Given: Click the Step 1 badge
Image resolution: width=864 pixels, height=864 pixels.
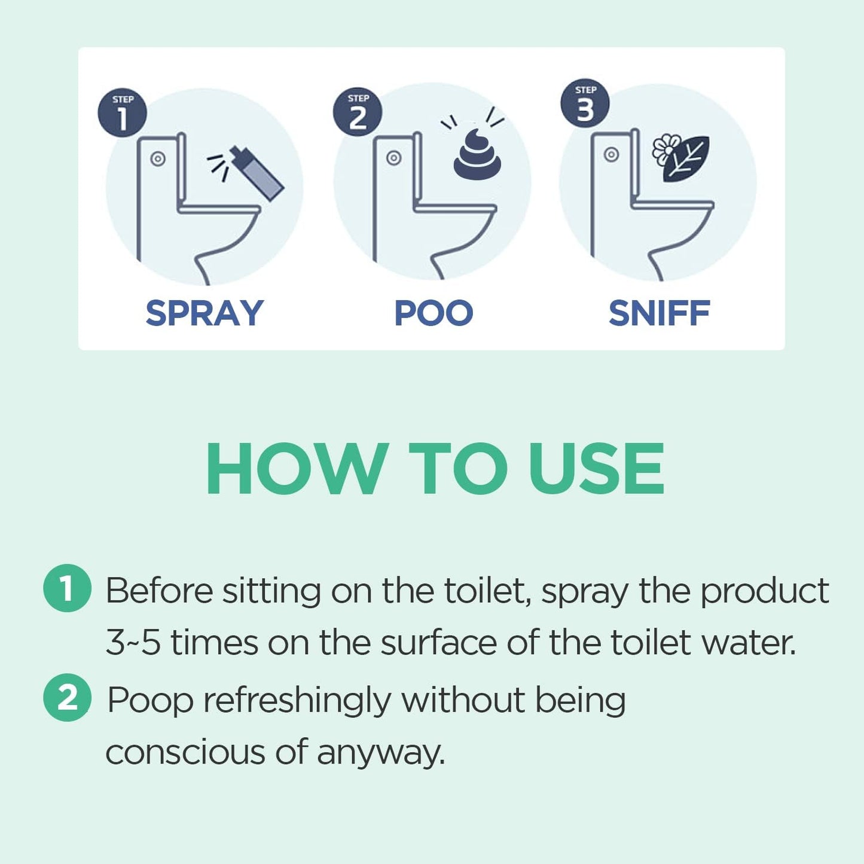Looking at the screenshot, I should tap(123, 113).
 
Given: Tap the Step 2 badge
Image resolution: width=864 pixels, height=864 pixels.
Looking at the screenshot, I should tap(358, 112).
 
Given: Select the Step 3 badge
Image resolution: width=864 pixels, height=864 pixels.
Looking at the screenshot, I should tap(585, 103).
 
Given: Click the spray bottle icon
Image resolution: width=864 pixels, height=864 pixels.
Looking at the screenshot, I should tap(258, 173).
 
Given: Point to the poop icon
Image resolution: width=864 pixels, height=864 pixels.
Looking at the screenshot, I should tap(477, 155).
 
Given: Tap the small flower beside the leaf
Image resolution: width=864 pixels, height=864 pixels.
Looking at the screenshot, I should tap(665, 149).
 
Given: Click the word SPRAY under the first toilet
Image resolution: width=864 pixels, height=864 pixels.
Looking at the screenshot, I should tap(204, 313).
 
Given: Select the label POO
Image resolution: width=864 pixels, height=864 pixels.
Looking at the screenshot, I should tap(433, 313).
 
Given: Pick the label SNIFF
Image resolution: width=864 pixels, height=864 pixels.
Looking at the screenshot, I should tap(659, 313).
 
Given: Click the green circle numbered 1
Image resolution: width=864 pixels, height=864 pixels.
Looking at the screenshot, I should tap(67, 588).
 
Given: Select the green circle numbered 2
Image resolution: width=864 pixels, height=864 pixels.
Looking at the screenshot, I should tap(67, 698).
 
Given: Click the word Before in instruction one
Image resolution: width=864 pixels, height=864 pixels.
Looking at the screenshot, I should tap(159, 591).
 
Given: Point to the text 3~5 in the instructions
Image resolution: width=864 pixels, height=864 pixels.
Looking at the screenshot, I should tap(133, 643).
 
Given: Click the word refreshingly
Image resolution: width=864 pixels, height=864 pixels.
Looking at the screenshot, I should tap(297, 701).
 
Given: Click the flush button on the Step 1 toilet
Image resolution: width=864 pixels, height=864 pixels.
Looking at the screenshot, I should tap(158, 159).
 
